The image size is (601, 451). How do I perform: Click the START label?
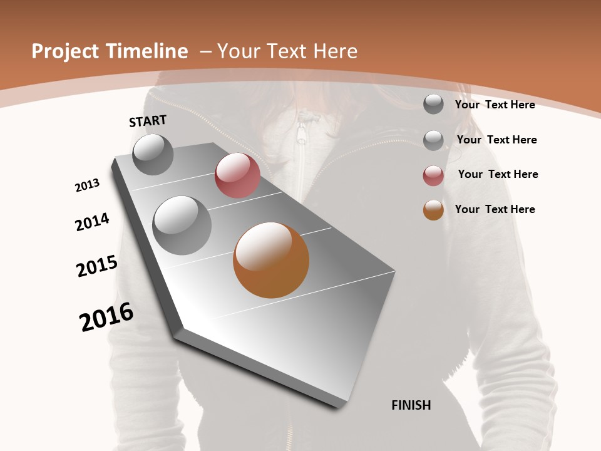coord(148,121)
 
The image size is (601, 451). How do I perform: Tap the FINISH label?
coord(411,405)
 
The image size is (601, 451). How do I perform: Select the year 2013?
coord(88,185)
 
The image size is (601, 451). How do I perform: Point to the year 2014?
coord(93,222)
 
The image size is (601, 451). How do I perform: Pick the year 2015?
coord(97,266)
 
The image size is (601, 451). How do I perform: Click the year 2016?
coord(106,317)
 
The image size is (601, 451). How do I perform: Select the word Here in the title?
coord(335,51)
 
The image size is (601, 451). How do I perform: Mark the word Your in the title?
coord(236,51)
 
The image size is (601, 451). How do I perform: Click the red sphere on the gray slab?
coord(237,175)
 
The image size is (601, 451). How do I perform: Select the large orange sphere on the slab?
coord(271,260)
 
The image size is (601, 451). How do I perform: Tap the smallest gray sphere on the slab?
coord(153,154)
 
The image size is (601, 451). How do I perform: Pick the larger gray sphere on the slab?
coord(182,225)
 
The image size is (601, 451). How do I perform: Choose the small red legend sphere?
coord(433,175)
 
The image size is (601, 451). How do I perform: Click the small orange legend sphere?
coord(433,210)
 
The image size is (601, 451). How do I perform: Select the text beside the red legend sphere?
coord(498,174)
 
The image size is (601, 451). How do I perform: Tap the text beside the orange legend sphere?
coord(495,209)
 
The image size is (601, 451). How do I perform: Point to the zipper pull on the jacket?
coord(302,133)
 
